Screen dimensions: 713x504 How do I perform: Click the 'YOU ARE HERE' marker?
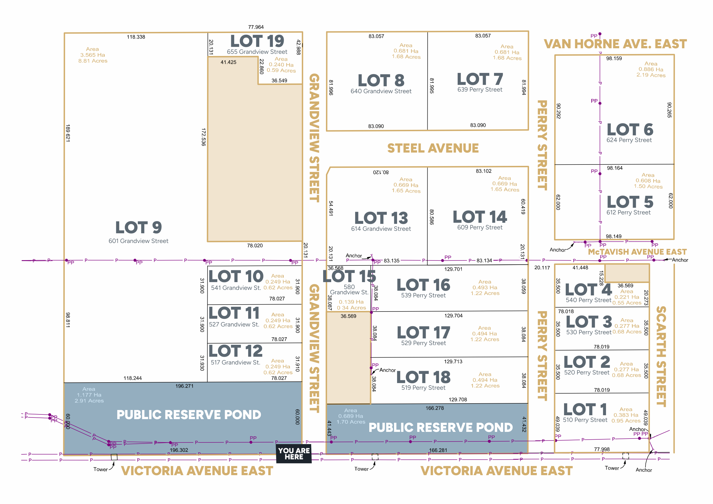(x=294, y=454)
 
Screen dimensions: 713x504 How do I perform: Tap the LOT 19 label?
(x=257, y=41)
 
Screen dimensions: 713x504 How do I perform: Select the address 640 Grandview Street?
(x=381, y=91)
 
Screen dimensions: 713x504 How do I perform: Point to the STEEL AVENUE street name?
(x=433, y=148)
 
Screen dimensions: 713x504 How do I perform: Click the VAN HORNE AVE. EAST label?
(x=615, y=44)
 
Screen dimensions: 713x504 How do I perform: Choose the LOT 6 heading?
(x=630, y=130)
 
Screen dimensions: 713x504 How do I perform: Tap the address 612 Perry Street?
(x=629, y=212)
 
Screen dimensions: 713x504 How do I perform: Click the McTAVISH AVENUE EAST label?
(x=637, y=252)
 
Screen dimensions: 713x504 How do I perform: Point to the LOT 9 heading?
(x=139, y=227)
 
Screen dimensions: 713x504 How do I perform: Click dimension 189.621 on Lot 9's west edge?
(x=68, y=133)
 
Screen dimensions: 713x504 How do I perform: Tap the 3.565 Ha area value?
(x=93, y=55)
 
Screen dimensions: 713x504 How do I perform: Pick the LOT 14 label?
(x=480, y=217)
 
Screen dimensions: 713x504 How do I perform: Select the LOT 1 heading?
(x=585, y=409)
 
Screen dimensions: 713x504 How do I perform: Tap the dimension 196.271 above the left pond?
(x=184, y=386)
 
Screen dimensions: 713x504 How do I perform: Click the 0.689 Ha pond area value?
(x=351, y=416)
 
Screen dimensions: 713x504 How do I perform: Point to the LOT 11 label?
(x=234, y=313)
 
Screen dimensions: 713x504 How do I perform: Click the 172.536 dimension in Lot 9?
(x=204, y=137)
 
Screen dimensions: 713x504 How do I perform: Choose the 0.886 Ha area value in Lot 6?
(x=651, y=70)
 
